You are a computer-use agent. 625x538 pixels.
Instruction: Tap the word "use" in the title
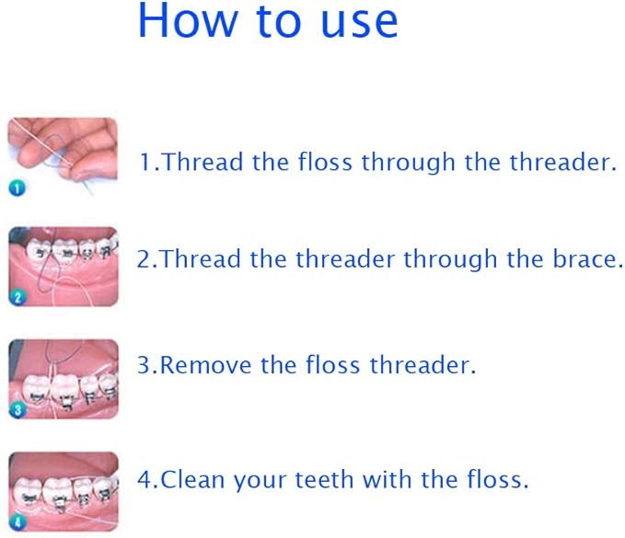coord(360,21)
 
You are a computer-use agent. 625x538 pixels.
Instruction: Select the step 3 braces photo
coord(64,378)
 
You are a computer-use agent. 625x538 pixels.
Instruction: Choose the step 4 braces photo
coord(64,491)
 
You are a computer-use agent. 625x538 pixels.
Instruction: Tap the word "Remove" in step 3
coord(208,365)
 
